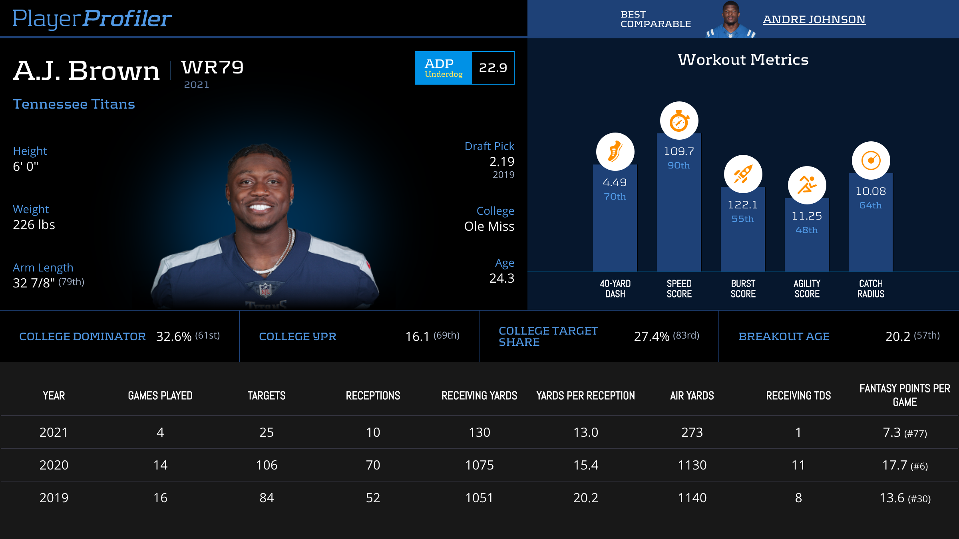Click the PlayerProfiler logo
(x=92, y=18)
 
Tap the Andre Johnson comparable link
(x=814, y=19)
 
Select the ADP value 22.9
(x=493, y=68)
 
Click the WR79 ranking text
(x=212, y=67)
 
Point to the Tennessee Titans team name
(x=74, y=104)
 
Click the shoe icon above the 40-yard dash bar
(x=615, y=152)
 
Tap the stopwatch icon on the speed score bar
(x=679, y=121)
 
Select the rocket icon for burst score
(x=743, y=174)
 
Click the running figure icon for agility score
(x=807, y=185)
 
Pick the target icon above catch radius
(x=871, y=161)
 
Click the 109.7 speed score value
(x=679, y=151)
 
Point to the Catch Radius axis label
(x=871, y=289)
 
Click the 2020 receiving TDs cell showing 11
(x=798, y=465)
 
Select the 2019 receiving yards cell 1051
(x=479, y=498)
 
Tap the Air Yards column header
(x=692, y=396)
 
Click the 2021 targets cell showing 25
(x=267, y=432)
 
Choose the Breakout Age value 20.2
(x=897, y=337)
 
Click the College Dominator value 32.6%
(x=174, y=337)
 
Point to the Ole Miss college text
(x=489, y=226)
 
